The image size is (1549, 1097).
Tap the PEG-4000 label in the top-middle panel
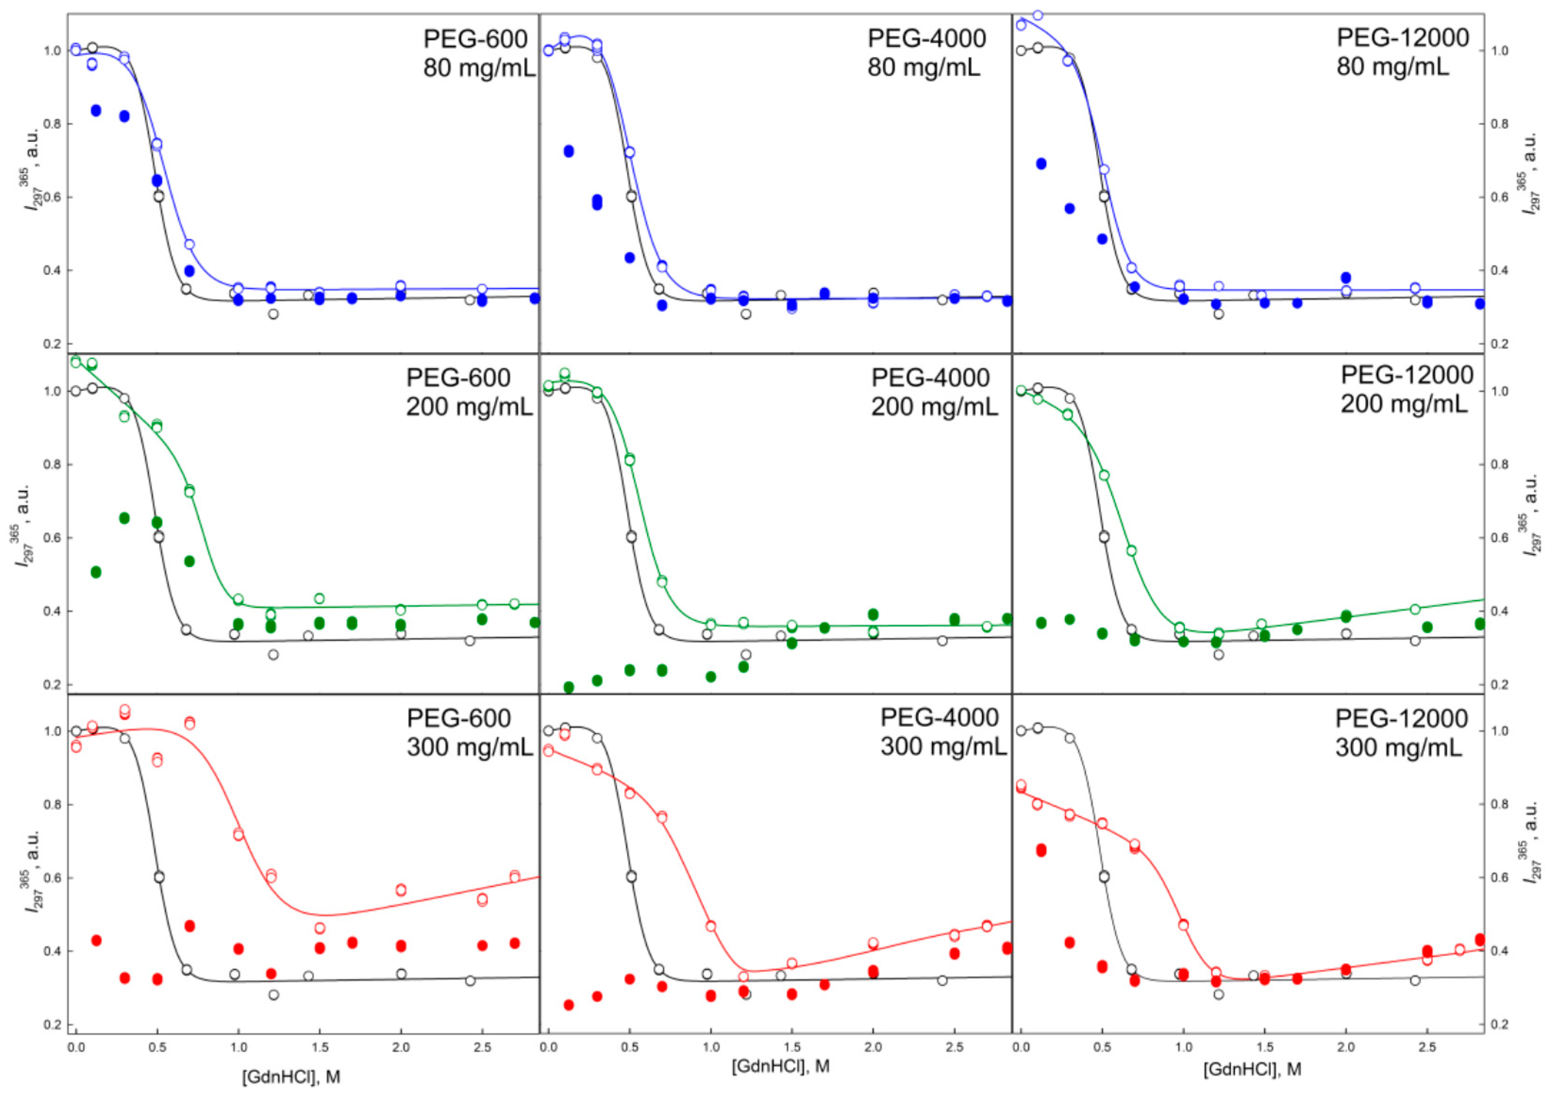pos(926,39)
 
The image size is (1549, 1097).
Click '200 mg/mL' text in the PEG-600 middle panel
pos(469,407)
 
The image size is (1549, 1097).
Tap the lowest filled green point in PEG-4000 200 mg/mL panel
pos(568,687)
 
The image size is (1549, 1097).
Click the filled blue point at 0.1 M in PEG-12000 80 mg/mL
pos(1041,164)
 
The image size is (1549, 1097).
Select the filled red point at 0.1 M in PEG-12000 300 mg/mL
pos(1041,850)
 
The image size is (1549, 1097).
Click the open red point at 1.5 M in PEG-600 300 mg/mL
pos(320,928)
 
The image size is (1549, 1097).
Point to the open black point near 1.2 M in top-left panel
pos(273,313)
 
